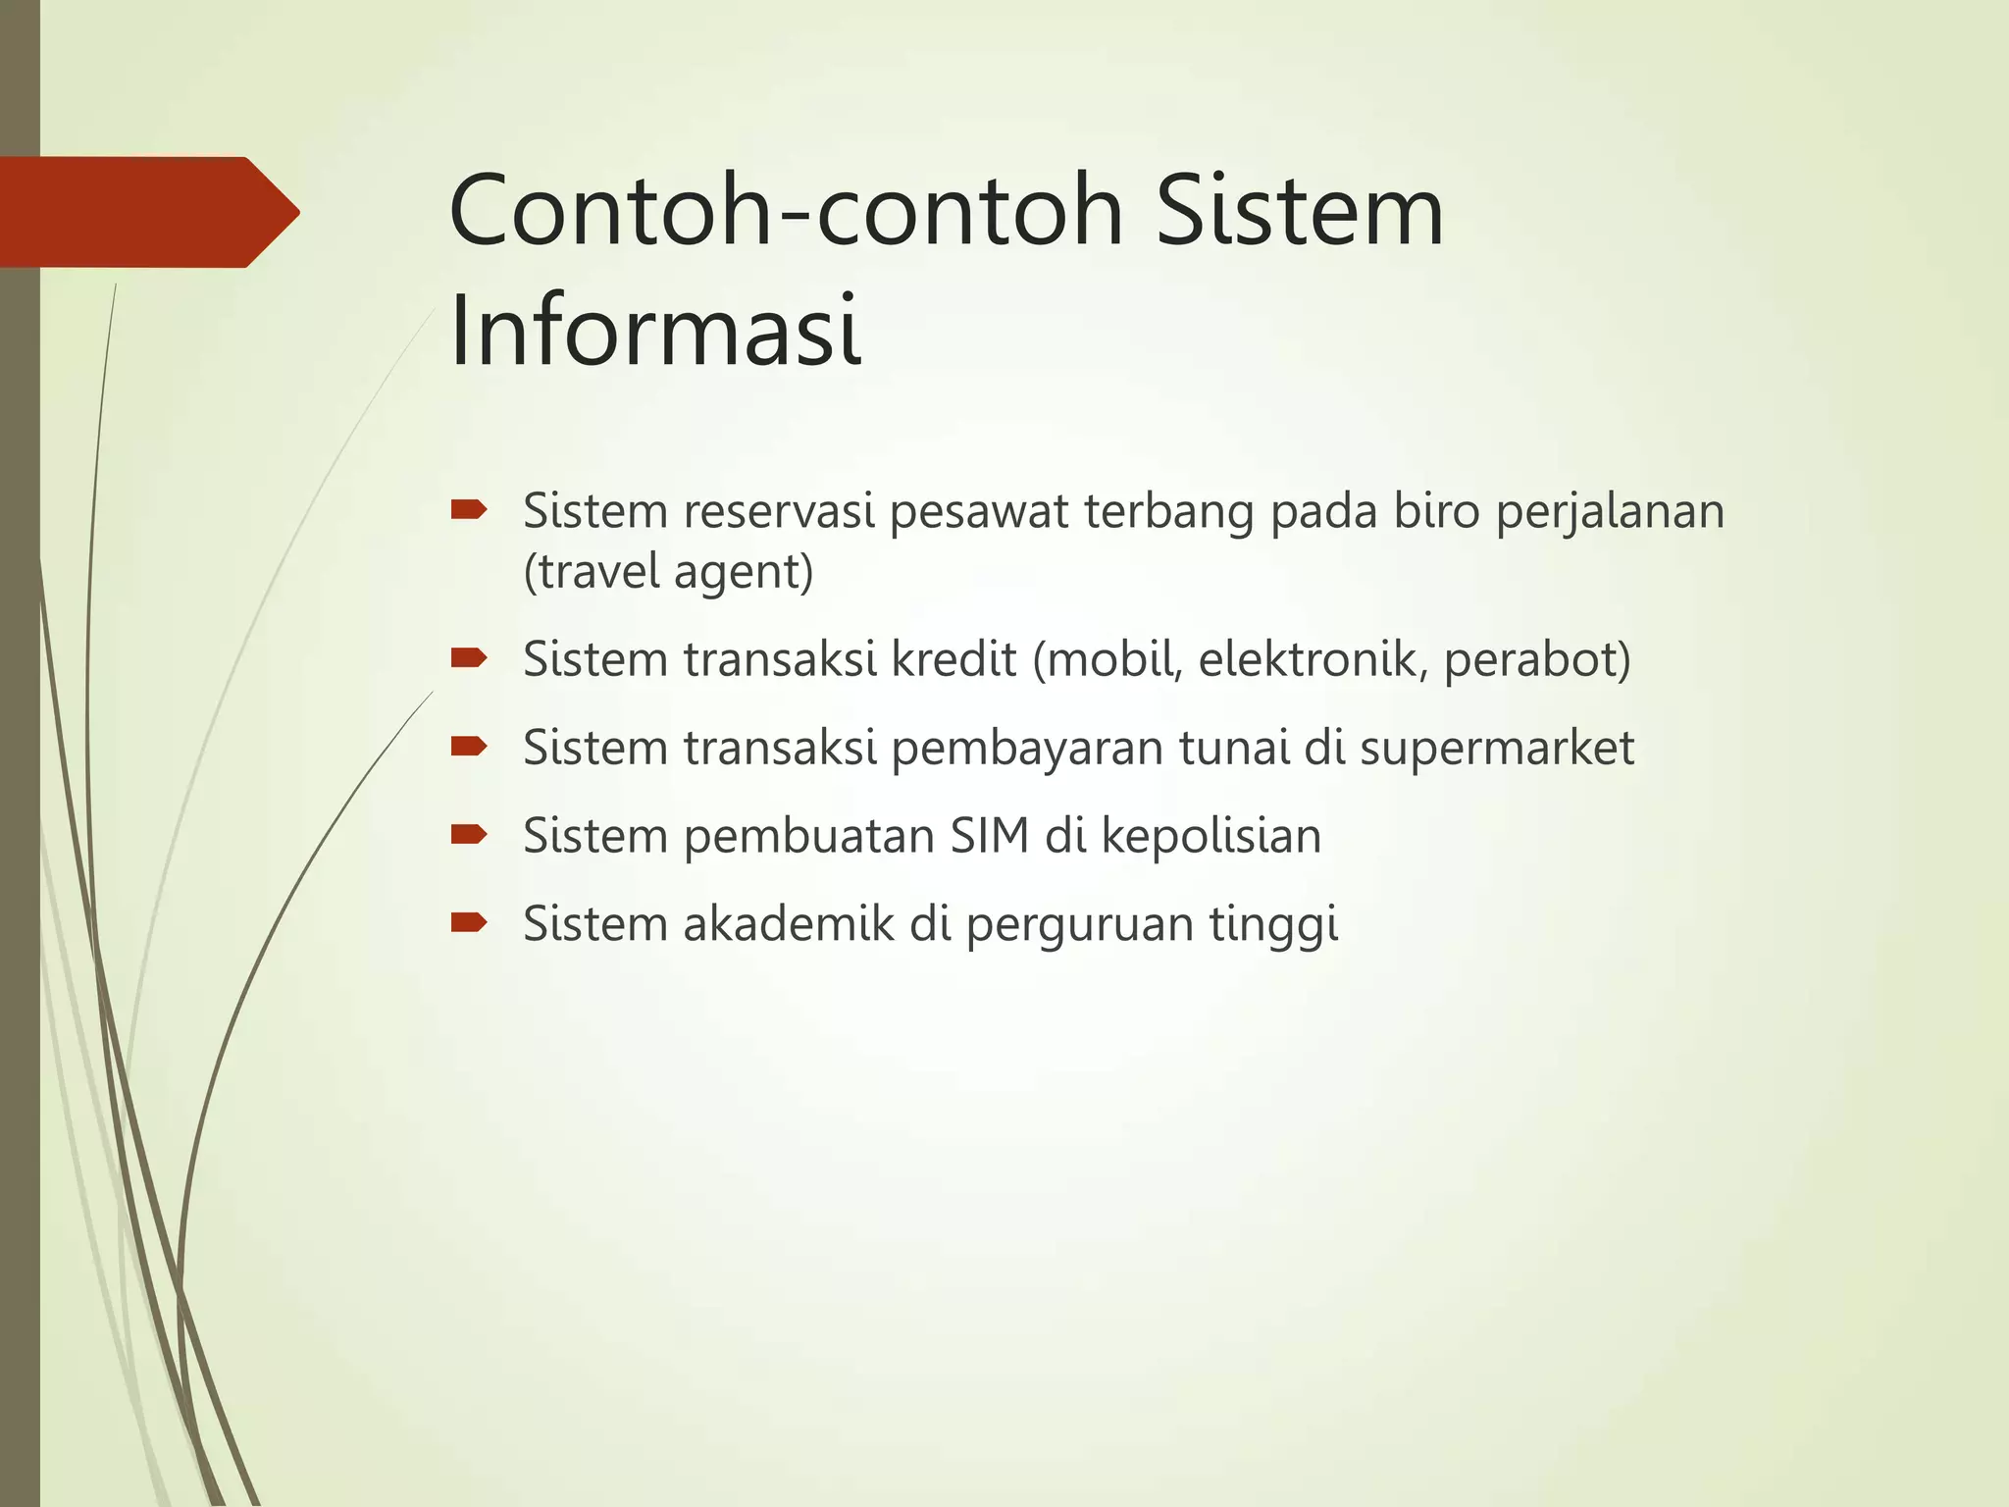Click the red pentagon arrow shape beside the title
coord(147,212)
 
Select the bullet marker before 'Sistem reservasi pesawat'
coord(468,509)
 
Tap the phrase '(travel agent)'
coord(668,571)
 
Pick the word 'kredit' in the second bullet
coord(953,658)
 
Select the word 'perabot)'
coord(1537,658)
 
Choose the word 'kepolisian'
coord(1211,836)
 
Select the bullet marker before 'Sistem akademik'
coord(468,922)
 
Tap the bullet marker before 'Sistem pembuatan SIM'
coord(468,835)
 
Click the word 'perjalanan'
coord(1609,513)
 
